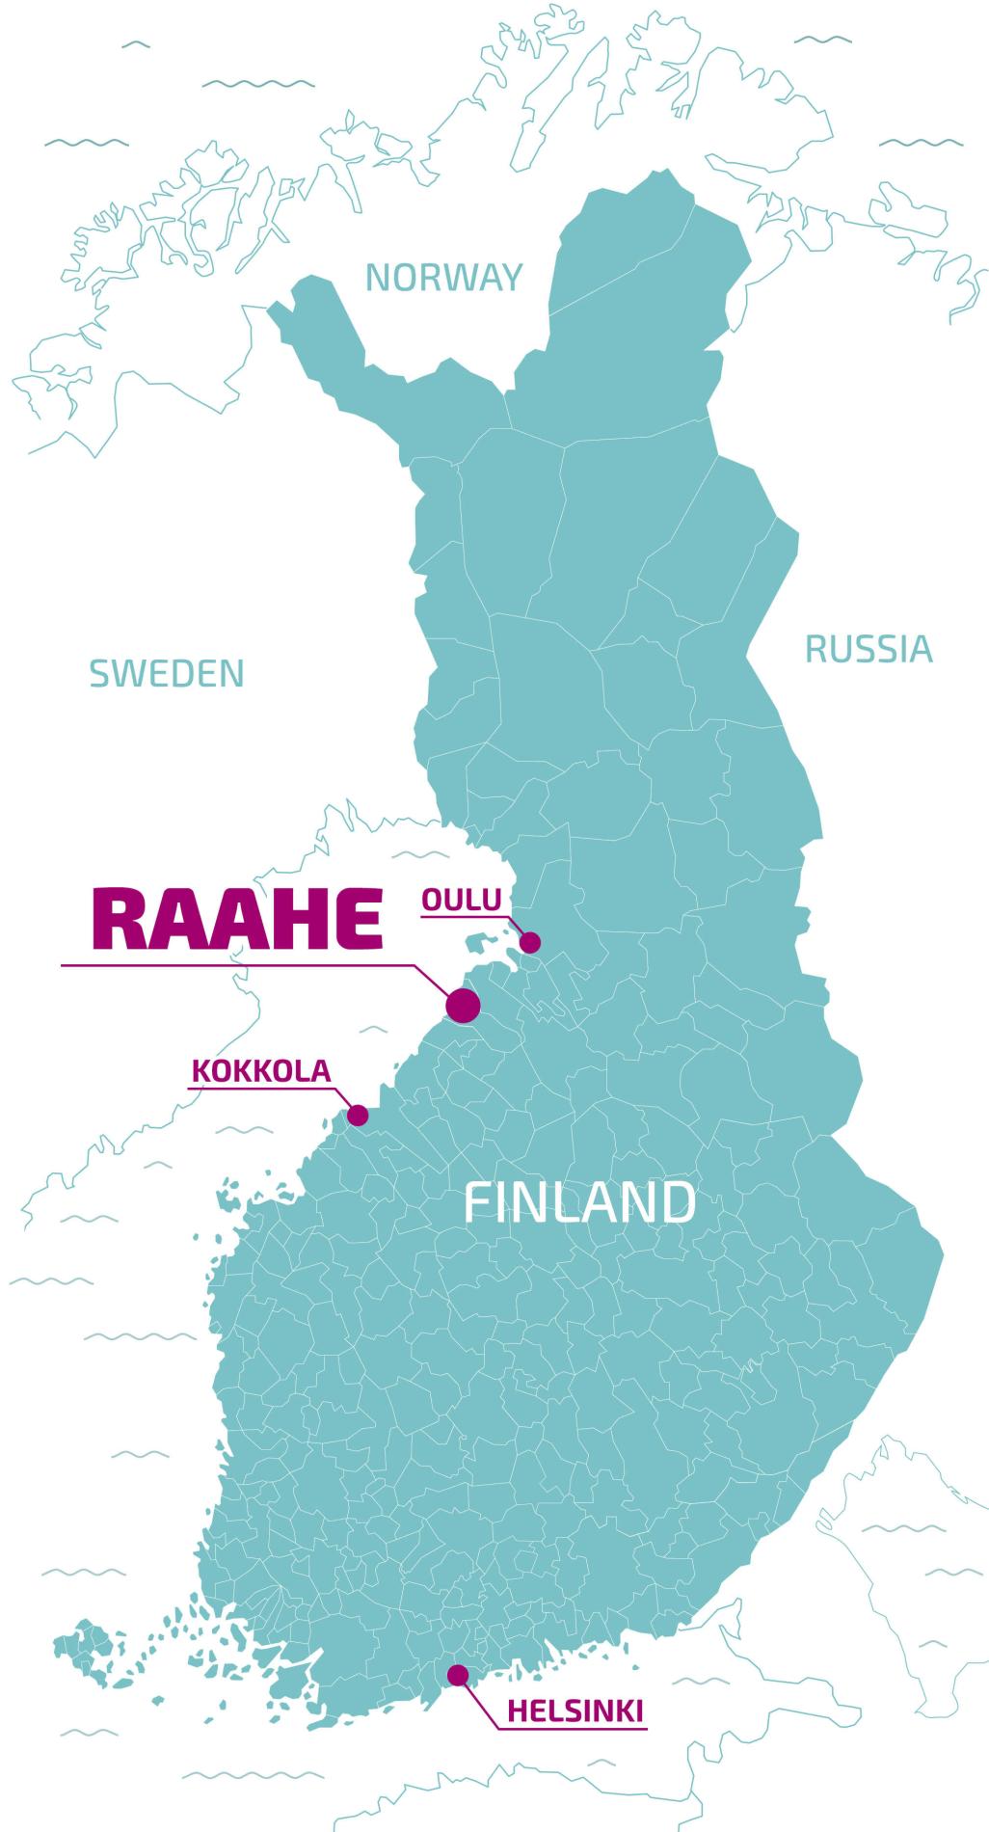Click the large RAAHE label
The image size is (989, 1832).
point(237,919)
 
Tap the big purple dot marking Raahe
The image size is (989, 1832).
point(463,1006)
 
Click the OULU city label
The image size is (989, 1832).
point(462,900)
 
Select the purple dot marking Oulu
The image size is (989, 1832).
point(530,943)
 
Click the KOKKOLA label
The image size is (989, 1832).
point(261,1070)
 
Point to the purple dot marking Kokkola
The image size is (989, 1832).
point(358,1116)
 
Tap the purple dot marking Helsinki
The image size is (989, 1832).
point(458,1674)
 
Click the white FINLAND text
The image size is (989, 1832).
point(579,1202)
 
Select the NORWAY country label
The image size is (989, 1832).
point(443,278)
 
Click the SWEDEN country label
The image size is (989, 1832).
point(167,673)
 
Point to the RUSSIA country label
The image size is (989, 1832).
point(869,650)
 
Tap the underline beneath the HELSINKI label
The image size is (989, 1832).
point(575,1729)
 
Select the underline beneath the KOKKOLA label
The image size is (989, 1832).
point(261,1088)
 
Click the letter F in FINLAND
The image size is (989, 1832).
point(476,1202)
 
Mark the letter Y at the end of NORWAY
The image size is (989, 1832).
point(510,278)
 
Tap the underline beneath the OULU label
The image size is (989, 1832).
point(462,915)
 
